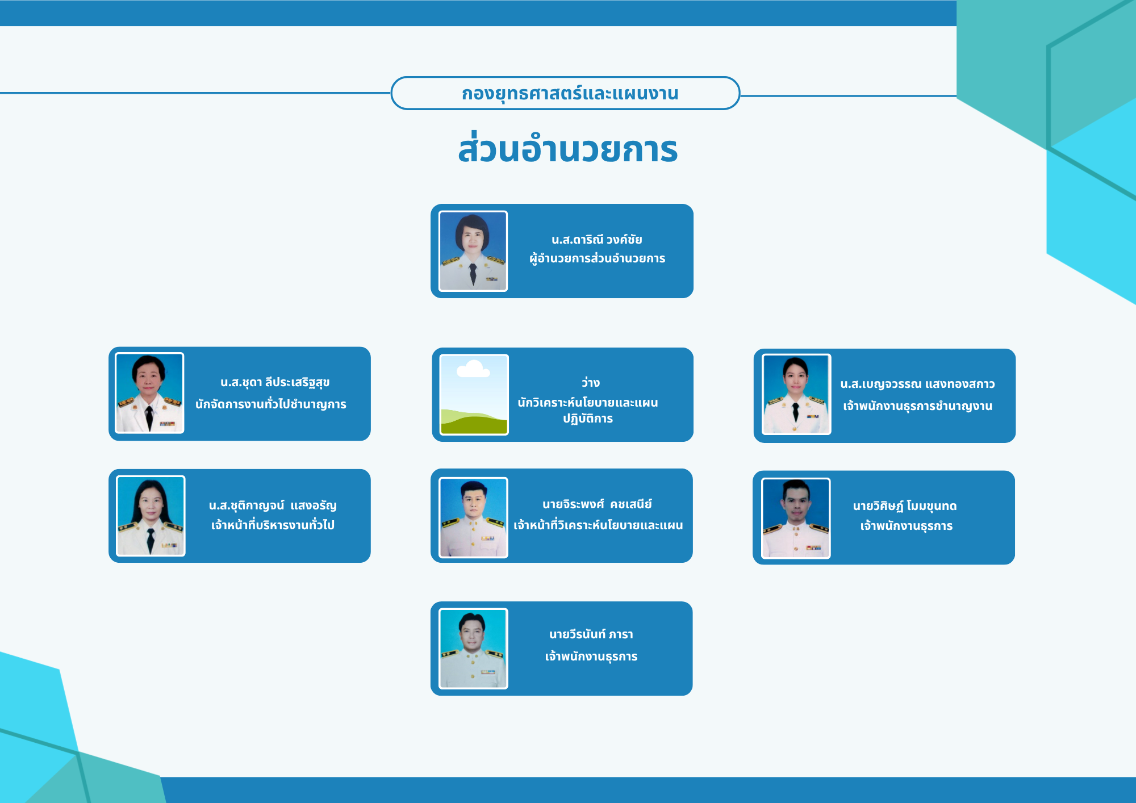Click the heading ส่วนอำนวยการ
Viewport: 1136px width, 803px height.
coord(568,149)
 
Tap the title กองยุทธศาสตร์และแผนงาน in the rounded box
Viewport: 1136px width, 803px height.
coord(570,93)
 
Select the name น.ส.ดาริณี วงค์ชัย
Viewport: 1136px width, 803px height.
coord(596,240)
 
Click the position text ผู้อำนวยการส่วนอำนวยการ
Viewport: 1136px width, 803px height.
coord(597,258)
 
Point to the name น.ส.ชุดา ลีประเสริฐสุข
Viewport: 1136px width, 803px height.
coord(275,383)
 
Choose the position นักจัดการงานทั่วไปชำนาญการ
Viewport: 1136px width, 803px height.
coord(271,404)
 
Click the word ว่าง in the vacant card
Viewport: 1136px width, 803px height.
coord(590,382)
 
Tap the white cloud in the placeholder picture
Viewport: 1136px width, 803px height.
coord(473,369)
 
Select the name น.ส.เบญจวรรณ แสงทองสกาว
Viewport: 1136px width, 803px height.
coord(917,384)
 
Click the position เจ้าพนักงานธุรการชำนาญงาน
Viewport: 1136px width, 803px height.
coord(917,405)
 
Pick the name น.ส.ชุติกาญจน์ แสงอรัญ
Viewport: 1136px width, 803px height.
coord(273,505)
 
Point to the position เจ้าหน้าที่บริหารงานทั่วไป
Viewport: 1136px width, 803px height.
coord(273,525)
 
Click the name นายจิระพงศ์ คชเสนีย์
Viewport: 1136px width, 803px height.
coord(597,504)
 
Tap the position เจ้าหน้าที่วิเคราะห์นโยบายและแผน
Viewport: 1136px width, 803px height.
coord(598,525)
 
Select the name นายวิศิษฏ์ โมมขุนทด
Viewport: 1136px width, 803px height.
coord(905,506)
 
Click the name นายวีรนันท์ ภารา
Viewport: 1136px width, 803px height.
coord(591,634)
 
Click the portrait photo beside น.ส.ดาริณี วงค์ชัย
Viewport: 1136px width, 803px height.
coord(473,251)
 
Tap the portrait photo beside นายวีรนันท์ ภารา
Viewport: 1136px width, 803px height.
coord(473,649)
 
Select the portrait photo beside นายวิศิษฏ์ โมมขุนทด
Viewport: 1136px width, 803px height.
coord(796,518)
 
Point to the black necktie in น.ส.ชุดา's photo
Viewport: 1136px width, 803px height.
coord(149,417)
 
